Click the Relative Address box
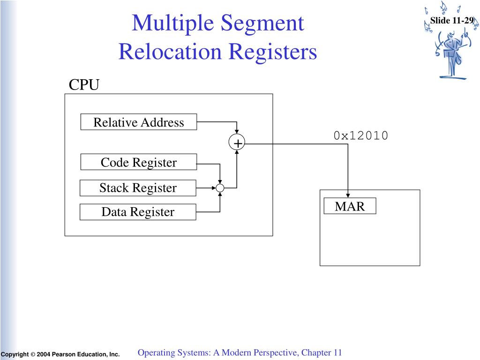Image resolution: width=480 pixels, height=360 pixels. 139,122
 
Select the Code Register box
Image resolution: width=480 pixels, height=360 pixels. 139,162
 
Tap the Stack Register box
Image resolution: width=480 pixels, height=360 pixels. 138,187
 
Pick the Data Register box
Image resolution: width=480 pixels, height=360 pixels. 138,212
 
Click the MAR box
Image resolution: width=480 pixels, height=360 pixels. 350,206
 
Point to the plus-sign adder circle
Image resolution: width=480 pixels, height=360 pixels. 237,142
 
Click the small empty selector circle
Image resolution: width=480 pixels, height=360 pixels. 220,188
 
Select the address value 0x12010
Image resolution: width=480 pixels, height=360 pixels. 361,135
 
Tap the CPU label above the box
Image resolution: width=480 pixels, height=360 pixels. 84,85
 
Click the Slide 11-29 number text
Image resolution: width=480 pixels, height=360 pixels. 452,21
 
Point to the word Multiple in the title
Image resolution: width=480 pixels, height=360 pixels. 173,23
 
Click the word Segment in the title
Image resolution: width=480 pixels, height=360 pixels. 262,23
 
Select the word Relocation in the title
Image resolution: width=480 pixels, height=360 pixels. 170,51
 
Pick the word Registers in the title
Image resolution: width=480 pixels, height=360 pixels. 273,52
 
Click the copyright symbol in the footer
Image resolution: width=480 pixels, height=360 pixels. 33,354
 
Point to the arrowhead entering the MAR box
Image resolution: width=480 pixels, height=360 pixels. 348,195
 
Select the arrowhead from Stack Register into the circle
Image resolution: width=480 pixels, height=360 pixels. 214,188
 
